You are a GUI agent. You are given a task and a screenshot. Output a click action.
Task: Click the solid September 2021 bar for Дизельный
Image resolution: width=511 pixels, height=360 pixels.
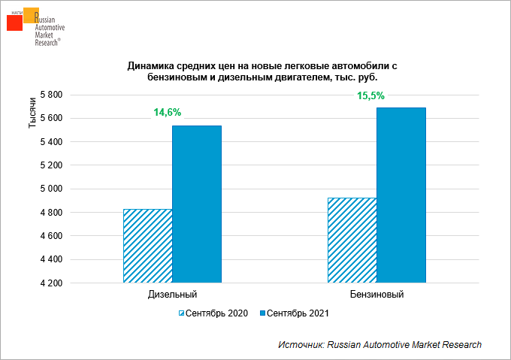pos(197,204)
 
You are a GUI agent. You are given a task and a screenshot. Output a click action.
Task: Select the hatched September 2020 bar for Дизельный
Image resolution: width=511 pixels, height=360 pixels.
pos(148,246)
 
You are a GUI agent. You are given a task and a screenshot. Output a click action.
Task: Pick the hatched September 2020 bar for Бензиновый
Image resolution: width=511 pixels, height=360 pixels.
pos(352,241)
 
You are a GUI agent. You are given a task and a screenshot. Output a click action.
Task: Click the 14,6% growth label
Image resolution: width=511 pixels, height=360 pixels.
pos(167,112)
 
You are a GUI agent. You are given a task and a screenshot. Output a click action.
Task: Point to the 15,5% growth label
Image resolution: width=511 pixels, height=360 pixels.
pos(370,95)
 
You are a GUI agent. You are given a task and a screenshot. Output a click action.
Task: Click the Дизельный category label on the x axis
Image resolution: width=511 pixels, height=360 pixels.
pos(173,295)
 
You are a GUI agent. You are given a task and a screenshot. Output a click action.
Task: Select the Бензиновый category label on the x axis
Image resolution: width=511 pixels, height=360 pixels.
pos(376,295)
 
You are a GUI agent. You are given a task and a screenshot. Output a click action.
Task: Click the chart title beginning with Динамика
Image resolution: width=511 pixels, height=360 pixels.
pos(262,71)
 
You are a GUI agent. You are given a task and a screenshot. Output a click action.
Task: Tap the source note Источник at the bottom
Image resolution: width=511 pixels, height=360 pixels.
pos(379,344)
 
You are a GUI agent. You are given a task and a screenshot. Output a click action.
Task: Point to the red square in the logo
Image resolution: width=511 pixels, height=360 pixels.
pos(14,23)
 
